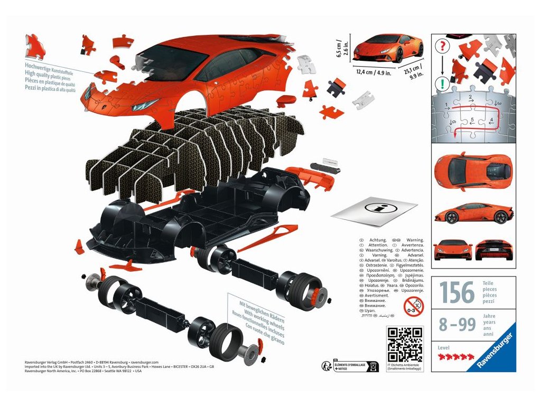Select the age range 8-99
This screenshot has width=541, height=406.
click(x=458, y=325)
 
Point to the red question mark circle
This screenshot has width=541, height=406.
click(x=442, y=45)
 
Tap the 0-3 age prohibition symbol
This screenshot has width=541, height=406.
click(x=413, y=306)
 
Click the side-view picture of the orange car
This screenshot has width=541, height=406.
click(x=473, y=213)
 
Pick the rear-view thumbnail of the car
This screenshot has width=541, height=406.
click(x=495, y=248)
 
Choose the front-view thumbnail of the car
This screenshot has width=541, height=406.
click(x=453, y=248)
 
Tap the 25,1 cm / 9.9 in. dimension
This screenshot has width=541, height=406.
click(x=417, y=71)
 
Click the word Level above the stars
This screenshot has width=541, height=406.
click(x=444, y=347)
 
